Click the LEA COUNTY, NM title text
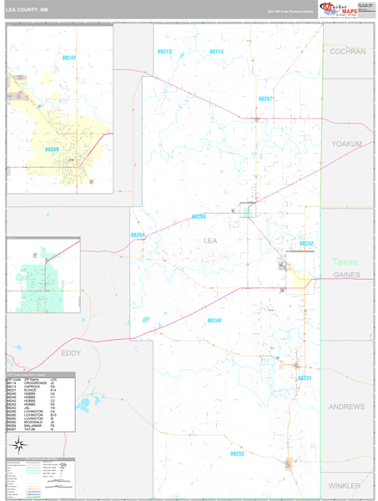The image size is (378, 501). coord(28,11)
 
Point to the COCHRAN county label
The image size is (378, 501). coord(347,52)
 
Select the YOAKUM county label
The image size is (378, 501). coord(347,144)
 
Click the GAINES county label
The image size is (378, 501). coord(346,275)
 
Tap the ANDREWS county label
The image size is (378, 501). coord(346,407)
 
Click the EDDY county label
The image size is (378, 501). coord(71,353)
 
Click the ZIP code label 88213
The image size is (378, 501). coord(164,52)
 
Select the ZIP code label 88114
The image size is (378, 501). coord(216,52)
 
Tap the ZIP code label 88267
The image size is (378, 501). coord(265,99)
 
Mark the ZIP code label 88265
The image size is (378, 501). coord(199,216)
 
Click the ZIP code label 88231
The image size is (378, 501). coord(305,378)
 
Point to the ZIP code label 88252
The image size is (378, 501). coord(237,453)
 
